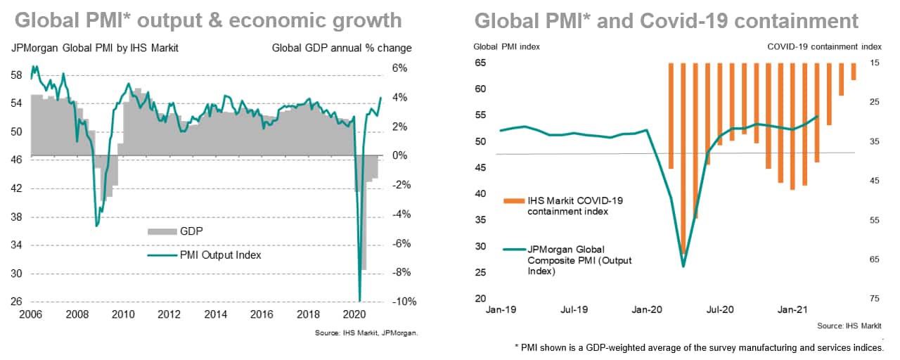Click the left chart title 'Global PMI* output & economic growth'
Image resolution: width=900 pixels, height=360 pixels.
pos(208,20)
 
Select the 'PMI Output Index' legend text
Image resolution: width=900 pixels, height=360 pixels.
pos(221,255)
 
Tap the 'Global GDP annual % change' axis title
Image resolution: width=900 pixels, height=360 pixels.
pos(342,49)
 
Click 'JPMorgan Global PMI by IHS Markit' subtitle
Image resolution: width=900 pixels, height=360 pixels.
pos(95,49)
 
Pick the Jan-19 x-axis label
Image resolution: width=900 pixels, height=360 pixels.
pos(501,309)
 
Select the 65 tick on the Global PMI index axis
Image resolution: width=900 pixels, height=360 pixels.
pos(480,63)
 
